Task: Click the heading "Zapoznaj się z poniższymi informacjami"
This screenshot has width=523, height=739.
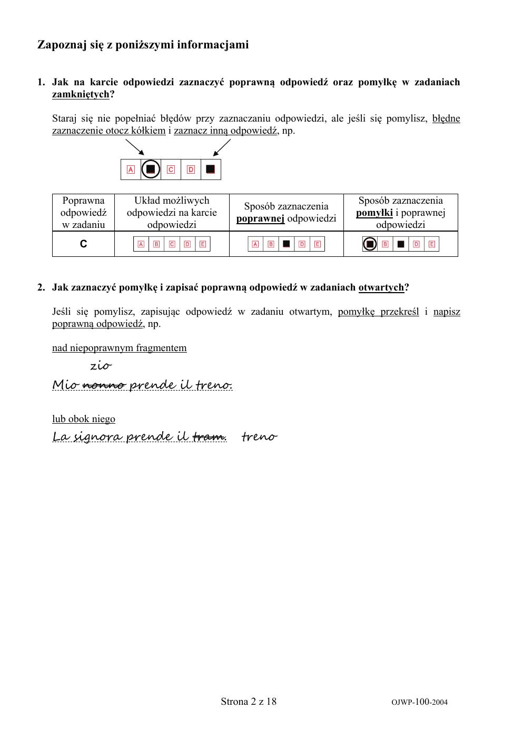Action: (x=143, y=45)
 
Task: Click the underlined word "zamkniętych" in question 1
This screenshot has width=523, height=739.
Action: (x=81, y=94)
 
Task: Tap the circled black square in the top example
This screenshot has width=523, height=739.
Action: (x=151, y=169)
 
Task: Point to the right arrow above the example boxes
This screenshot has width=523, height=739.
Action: (x=222, y=148)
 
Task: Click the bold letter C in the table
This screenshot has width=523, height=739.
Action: (x=83, y=244)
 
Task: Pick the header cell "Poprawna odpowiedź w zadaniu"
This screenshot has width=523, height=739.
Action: (x=83, y=213)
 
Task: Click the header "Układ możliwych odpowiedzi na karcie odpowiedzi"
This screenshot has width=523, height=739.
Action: (x=172, y=213)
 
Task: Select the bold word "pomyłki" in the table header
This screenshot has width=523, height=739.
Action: (x=374, y=213)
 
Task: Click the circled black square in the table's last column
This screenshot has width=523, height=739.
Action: (x=370, y=244)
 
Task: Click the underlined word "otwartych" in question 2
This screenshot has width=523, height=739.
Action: (x=381, y=287)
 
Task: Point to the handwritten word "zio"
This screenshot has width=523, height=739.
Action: (x=101, y=365)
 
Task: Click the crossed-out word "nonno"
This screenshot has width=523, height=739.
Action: (x=104, y=385)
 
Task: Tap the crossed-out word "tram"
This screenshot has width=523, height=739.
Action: (x=209, y=437)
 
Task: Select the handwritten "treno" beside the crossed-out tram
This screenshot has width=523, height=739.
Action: (x=259, y=437)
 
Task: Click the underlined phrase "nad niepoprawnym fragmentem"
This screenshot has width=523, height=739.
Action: (x=119, y=348)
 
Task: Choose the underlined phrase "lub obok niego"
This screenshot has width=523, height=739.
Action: (x=83, y=419)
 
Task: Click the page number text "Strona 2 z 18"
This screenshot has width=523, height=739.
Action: (x=249, y=701)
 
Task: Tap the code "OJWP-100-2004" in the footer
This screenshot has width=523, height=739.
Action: (x=419, y=702)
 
